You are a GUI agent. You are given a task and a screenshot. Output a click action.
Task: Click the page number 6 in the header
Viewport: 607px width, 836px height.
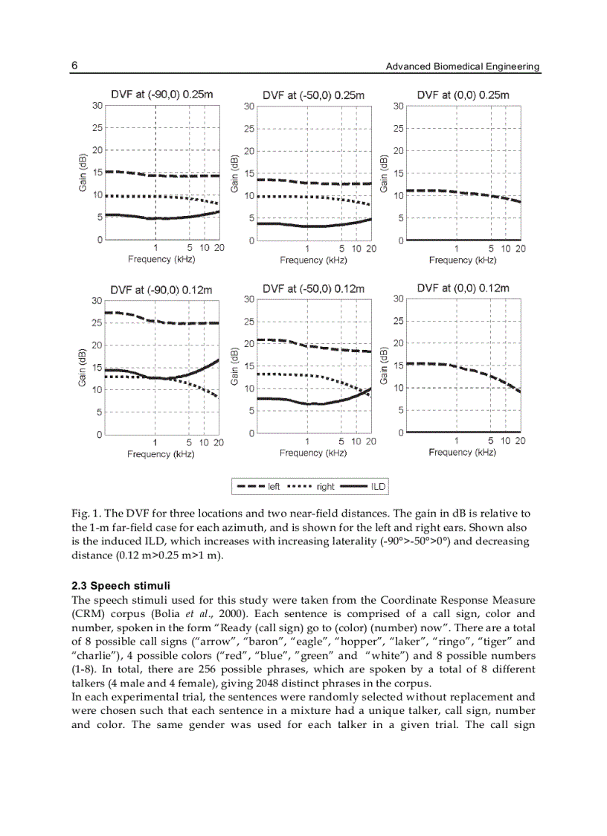75,66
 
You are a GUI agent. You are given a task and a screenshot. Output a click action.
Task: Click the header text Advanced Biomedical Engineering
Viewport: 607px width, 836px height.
462,67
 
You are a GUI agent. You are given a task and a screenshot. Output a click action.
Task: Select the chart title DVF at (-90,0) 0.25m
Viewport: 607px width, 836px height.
162,95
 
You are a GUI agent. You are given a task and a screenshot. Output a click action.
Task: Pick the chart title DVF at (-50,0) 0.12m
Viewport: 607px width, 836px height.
313,288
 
